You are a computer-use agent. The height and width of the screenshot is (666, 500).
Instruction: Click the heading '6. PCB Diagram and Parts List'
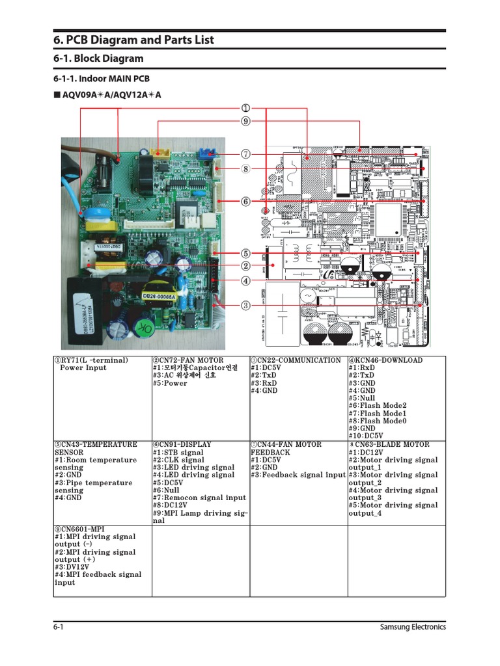click(133, 40)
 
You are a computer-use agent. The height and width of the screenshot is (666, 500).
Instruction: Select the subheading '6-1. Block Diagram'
click(98, 59)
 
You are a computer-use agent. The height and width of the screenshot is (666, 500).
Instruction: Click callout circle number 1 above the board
click(245, 108)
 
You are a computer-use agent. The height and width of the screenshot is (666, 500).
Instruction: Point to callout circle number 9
click(245, 121)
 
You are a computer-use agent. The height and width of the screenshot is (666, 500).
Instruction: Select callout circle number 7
click(245, 154)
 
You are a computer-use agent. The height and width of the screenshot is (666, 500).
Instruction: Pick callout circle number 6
click(245, 202)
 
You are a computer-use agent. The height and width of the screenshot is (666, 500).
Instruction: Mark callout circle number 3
click(245, 304)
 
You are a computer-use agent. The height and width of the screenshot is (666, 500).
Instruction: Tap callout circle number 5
click(245, 253)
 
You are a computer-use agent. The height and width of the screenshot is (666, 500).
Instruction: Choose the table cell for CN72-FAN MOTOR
click(201, 372)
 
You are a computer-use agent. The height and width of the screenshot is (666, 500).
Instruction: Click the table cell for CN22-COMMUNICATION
click(298, 375)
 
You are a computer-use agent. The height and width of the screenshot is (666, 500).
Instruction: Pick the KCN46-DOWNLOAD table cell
click(396, 397)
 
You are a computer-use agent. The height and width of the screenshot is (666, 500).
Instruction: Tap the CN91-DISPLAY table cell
click(201, 483)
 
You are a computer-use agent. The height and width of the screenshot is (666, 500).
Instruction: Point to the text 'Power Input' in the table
click(83, 368)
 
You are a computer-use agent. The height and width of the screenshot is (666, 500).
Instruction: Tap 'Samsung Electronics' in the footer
click(413, 627)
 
